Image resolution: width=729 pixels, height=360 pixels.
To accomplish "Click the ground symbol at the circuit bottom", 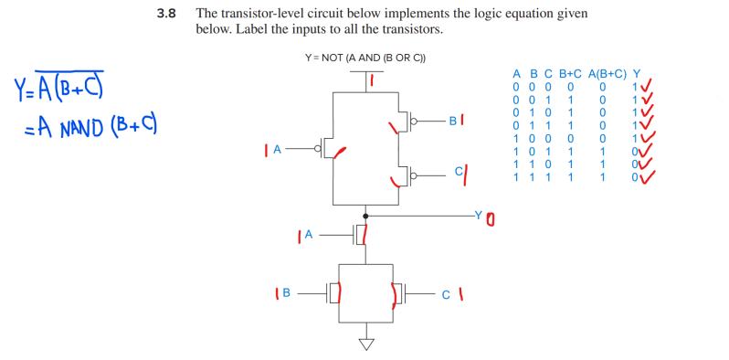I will click(366, 344).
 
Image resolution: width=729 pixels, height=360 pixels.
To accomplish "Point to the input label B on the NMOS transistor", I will click(286, 293).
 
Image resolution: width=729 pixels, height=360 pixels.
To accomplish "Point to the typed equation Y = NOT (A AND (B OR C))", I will click(365, 58).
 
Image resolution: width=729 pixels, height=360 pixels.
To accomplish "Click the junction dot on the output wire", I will click(366, 216).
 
